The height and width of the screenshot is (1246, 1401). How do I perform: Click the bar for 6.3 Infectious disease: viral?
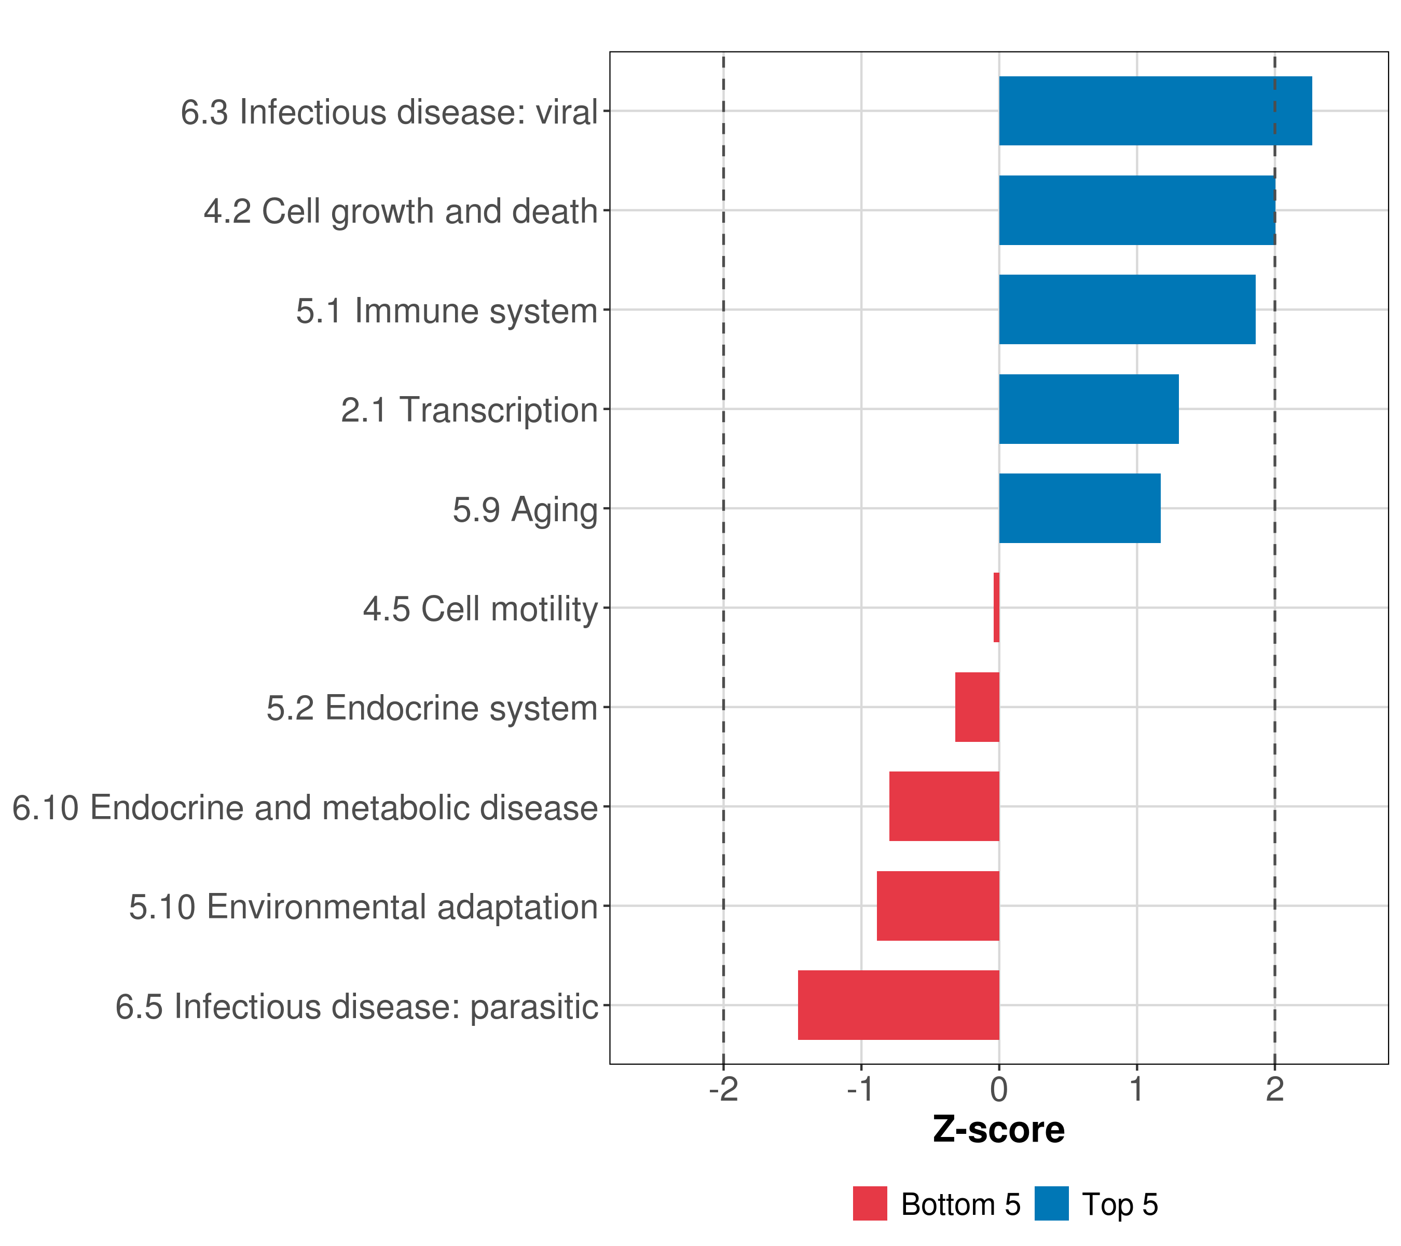click(x=1155, y=111)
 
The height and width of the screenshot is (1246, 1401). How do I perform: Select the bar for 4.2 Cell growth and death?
click(x=1136, y=211)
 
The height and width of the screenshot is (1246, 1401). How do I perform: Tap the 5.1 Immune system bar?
click(x=1127, y=310)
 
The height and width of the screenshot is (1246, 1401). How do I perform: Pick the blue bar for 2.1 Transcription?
click(x=1089, y=410)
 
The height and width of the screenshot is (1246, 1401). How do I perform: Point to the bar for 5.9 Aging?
click(x=1079, y=508)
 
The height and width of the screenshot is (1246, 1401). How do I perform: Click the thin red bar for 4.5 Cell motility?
click(x=997, y=607)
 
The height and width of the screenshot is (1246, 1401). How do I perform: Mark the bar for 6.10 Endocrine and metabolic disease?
click(x=944, y=806)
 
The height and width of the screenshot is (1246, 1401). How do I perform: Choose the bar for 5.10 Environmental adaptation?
click(x=938, y=906)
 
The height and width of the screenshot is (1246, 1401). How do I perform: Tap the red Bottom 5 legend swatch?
click(x=870, y=1203)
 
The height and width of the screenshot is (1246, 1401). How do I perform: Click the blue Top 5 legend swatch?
click(x=1051, y=1203)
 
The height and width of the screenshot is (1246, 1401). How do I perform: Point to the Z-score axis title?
click(x=999, y=1129)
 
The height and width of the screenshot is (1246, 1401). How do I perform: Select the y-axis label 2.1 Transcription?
click(x=470, y=411)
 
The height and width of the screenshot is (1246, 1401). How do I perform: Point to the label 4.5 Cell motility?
click(x=480, y=609)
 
